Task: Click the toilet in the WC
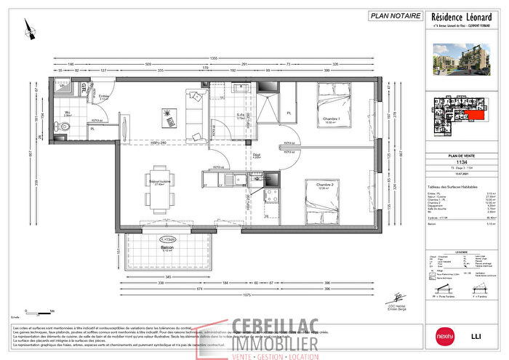pos(66,126)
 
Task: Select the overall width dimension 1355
pos(214,57)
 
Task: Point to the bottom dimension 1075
pos(248,295)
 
